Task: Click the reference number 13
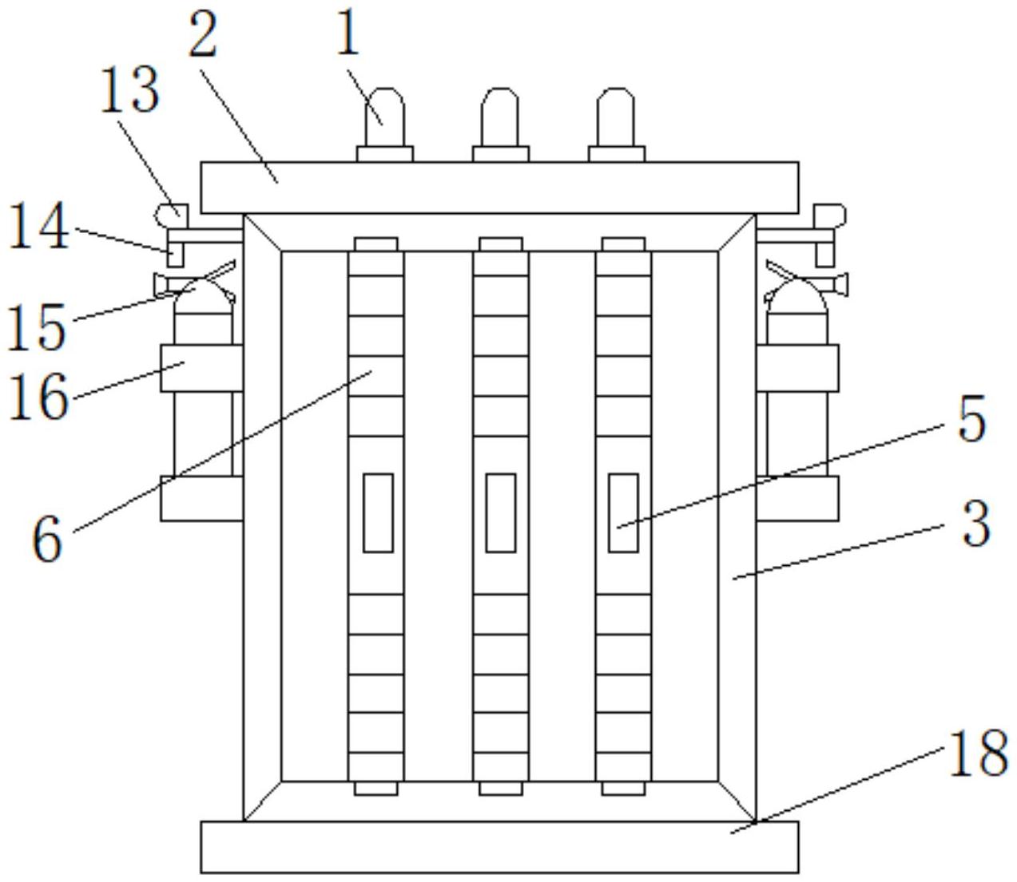pos(129,91)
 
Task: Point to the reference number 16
pos(38,397)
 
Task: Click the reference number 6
pos(48,540)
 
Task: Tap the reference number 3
pos(975,524)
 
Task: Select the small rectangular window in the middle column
pos(501,512)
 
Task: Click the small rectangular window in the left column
pos(378,512)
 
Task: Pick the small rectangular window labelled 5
pos(623,512)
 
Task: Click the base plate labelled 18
pos(499,847)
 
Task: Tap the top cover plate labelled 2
pos(499,188)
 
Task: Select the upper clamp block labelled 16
pos(201,368)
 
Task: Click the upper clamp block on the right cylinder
pos(797,368)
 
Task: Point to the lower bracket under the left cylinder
pos(201,499)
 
